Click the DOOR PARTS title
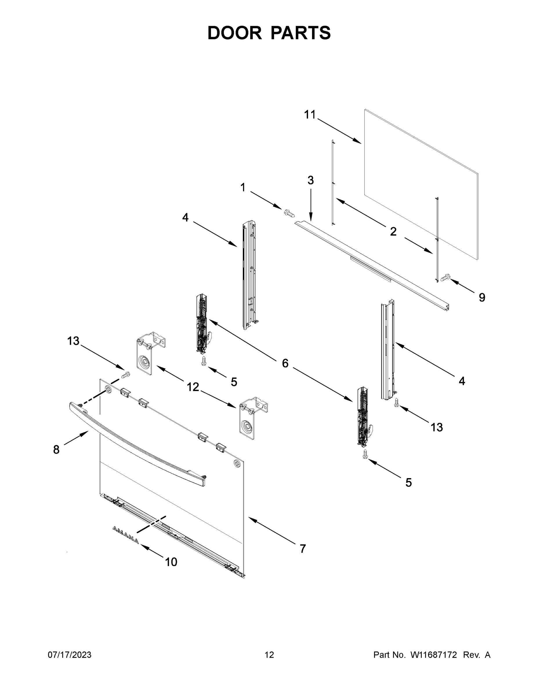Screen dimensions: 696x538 click(x=269, y=33)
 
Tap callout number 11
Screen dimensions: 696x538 click(x=309, y=115)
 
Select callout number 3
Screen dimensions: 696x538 click(x=310, y=180)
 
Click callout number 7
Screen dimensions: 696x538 click(x=303, y=549)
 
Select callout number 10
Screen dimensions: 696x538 click(x=171, y=562)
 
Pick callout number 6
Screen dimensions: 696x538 click(x=285, y=363)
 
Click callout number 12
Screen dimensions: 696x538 click(x=193, y=387)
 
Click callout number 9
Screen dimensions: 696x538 click(x=482, y=298)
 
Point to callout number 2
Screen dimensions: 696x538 click(x=393, y=232)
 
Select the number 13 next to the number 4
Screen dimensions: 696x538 click(x=437, y=427)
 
